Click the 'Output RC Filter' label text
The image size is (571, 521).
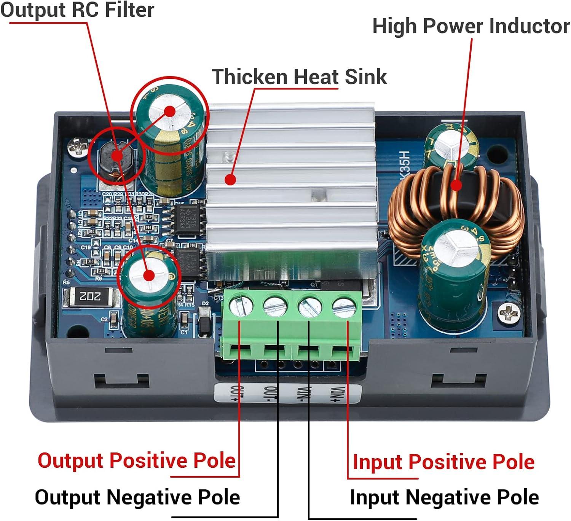click(x=77, y=10)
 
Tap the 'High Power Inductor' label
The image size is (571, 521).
click(x=471, y=26)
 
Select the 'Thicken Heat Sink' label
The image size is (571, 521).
click(x=299, y=76)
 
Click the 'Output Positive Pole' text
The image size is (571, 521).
click(x=137, y=460)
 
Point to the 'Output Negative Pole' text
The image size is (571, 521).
click(x=137, y=497)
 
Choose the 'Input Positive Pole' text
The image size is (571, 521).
click(x=443, y=462)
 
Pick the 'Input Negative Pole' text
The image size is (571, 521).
click(x=444, y=497)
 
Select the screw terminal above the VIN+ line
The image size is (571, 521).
click(x=344, y=307)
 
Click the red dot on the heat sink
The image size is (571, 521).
click(x=230, y=179)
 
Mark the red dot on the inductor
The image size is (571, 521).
click(x=456, y=185)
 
